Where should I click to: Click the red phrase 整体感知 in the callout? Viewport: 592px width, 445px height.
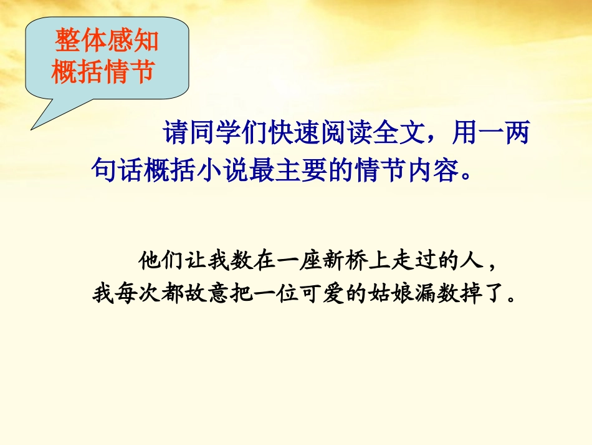coord(107,42)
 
